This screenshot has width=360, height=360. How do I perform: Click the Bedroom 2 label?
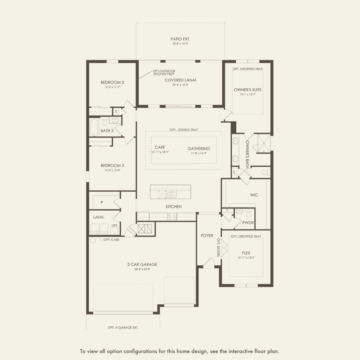(x=112, y=82)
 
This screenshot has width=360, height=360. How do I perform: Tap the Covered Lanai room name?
(x=180, y=80)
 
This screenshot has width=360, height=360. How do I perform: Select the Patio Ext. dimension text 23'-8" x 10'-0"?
(x=180, y=44)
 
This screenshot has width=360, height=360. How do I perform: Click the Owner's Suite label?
(x=248, y=90)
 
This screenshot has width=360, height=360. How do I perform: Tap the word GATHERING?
(x=199, y=149)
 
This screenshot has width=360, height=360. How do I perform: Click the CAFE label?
(x=160, y=147)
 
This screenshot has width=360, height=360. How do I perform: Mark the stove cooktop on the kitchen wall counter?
(x=172, y=217)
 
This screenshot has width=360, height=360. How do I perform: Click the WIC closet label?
(x=254, y=195)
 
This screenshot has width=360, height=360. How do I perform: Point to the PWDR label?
(x=248, y=223)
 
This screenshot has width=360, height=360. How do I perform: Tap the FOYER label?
(x=207, y=236)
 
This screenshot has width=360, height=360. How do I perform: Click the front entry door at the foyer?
(x=208, y=262)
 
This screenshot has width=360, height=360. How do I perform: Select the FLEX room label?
(x=246, y=253)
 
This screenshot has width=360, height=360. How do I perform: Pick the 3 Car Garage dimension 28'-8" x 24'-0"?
(x=142, y=269)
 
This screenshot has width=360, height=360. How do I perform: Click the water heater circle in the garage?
(x=93, y=240)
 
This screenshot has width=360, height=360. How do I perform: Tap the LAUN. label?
(x=99, y=217)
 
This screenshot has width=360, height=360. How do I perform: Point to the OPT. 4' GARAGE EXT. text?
(x=123, y=327)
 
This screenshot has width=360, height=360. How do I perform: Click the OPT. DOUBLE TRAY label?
(x=184, y=130)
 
